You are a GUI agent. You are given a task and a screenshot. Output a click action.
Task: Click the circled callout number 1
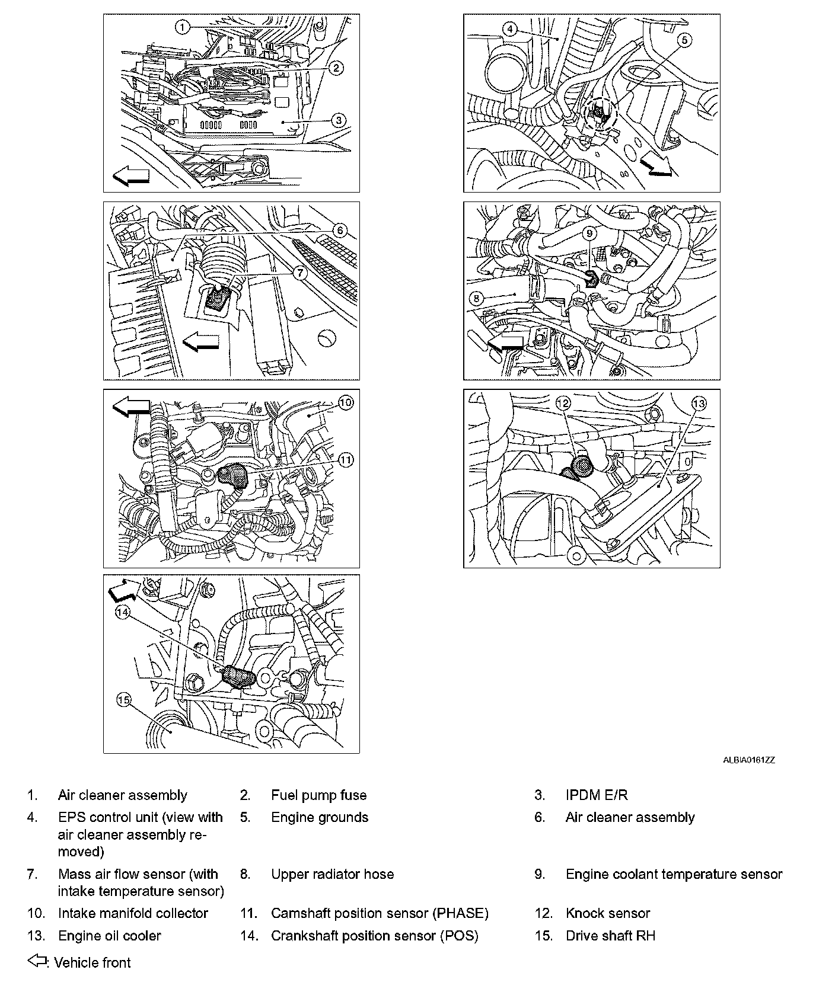183,27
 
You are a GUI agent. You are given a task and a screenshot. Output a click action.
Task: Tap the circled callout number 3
337,121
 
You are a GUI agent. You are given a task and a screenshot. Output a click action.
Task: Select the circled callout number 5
684,40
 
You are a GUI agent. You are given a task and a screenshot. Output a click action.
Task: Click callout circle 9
589,233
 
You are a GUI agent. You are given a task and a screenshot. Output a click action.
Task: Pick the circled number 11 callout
346,459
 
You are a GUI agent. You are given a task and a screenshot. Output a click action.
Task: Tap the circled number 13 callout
699,404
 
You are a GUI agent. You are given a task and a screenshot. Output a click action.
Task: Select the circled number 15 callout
123,700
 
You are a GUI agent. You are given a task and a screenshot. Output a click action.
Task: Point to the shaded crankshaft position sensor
238,676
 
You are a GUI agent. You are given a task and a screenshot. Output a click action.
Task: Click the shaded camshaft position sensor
234,475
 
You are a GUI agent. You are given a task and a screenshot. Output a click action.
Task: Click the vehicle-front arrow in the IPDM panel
131,175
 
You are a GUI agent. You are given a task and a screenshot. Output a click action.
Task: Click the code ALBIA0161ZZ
748,760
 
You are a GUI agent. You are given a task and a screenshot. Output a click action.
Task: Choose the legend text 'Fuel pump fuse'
318,795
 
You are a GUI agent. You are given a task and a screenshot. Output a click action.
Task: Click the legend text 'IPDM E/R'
596,795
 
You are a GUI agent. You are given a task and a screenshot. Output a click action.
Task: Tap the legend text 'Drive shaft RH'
610,936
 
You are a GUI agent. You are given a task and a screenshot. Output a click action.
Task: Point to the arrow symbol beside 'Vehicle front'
37,961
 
